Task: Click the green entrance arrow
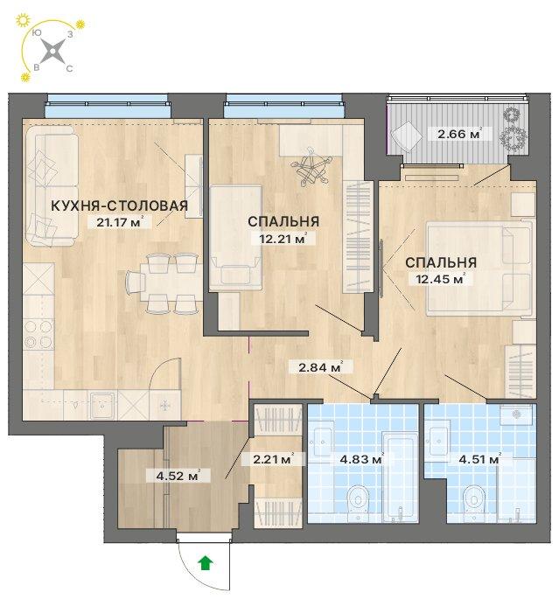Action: click(x=206, y=563)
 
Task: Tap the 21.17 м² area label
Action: click(x=118, y=222)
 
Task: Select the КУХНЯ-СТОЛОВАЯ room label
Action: click(x=120, y=205)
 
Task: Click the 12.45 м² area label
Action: click(x=437, y=279)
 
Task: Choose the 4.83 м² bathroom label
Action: click(x=361, y=459)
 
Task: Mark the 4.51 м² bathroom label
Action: click(x=479, y=459)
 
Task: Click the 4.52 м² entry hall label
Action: click(x=178, y=476)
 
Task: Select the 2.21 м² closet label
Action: click(x=272, y=459)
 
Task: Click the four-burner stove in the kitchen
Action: click(x=38, y=334)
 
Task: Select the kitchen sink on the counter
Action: click(x=102, y=406)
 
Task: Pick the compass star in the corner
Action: click(x=53, y=51)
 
